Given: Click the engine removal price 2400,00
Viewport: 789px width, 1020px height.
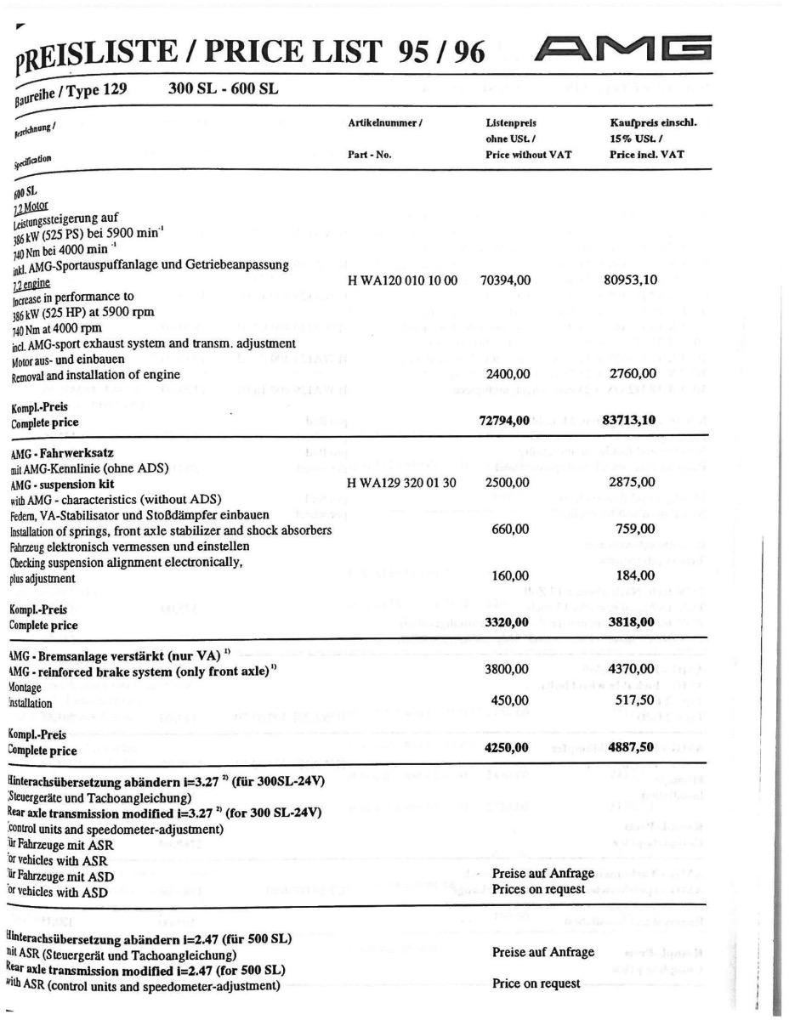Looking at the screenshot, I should tap(508, 372).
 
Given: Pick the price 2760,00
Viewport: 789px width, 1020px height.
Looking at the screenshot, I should tap(634, 372).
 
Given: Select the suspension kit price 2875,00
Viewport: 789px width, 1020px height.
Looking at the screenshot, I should tap(634, 482).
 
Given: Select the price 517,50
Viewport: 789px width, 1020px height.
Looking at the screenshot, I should tap(635, 702).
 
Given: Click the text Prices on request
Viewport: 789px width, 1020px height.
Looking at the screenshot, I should tap(539, 890).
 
